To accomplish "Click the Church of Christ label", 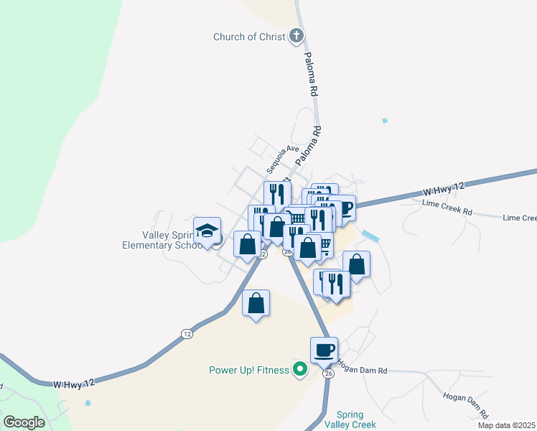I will (x=249, y=37).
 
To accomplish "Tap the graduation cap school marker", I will (x=207, y=231).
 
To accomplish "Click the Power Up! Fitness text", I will (x=248, y=371).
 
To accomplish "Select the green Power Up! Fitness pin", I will (x=301, y=371).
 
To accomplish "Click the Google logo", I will (x=24, y=422).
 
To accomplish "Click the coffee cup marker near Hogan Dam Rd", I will (x=324, y=350).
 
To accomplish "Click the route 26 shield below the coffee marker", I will (x=329, y=374).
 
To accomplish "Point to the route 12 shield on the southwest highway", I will (x=187, y=333).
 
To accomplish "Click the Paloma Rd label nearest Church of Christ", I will (x=311, y=74).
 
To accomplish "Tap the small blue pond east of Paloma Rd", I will (x=385, y=120).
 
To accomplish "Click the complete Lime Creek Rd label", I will (x=447, y=212).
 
